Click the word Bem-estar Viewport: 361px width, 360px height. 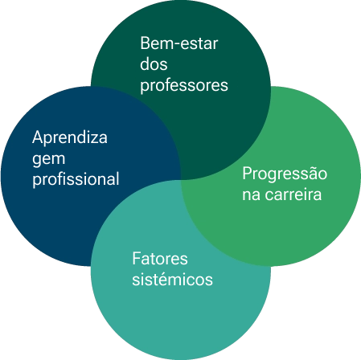[179, 43]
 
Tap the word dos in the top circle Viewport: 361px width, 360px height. [154, 64]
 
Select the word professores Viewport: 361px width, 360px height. [184, 86]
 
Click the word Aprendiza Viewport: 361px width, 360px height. [70, 137]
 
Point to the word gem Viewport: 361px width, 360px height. [49, 160]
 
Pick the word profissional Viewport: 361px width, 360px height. [76, 179]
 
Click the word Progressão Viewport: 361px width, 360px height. [285, 174]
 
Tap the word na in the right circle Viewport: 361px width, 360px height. [251, 195]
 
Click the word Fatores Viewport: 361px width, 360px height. [160, 259]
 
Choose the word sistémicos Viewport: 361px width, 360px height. [173, 280]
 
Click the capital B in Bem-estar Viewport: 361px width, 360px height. [145, 43]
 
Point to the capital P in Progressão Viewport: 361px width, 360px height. [247, 174]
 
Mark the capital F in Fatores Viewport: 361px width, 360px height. [137, 259]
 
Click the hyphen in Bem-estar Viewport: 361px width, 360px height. [175, 45]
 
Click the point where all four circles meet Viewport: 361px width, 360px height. [181, 179]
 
